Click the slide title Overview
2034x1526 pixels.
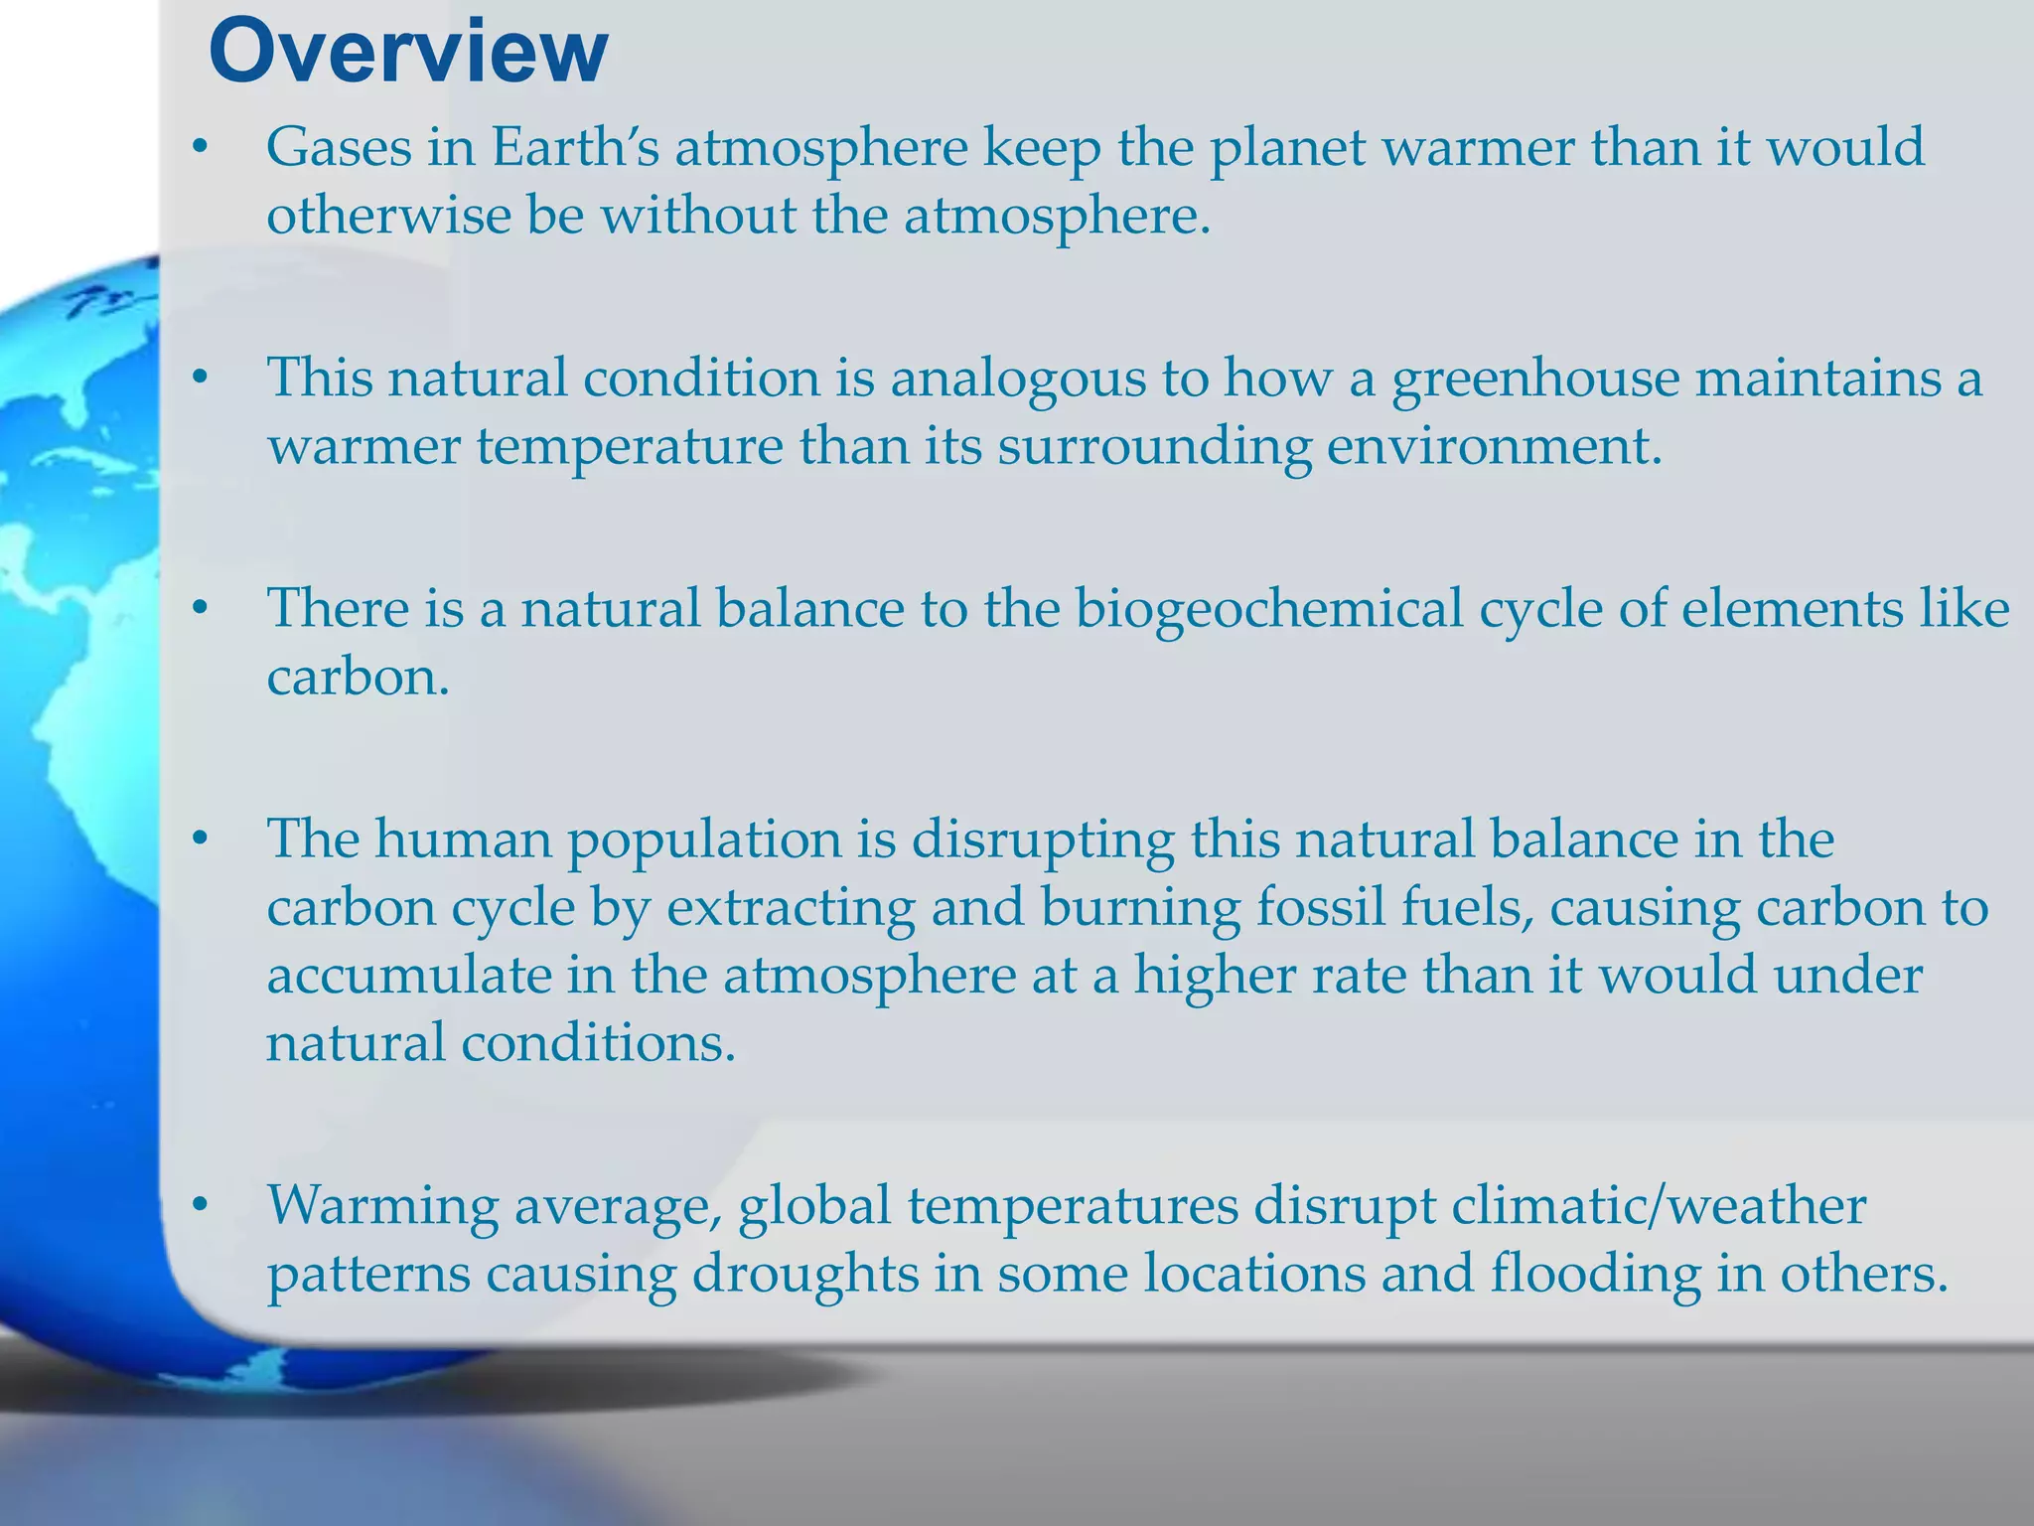(407, 52)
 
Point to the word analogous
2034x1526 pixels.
(1047, 379)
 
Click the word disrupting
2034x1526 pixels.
(1043, 839)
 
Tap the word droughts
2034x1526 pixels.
(804, 1274)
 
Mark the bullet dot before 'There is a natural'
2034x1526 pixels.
(201, 608)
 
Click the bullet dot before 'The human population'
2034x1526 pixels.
(201, 839)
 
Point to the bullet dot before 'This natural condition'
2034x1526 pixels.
(201, 379)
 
